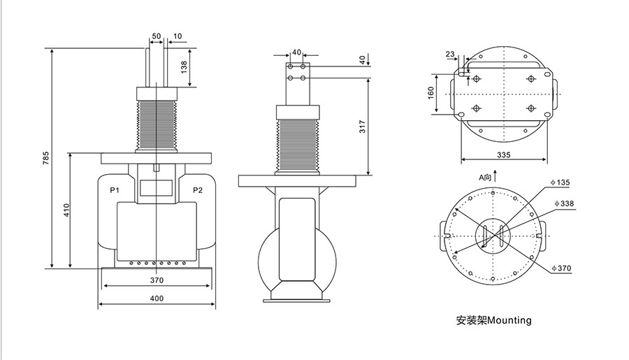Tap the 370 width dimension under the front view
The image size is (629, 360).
pyautogui.click(x=157, y=280)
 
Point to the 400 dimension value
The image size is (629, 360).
pyautogui.click(x=157, y=298)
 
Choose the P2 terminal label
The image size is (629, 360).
pyautogui.click(x=198, y=189)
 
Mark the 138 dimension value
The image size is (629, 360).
pyautogui.click(x=185, y=68)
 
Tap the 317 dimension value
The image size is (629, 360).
pyautogui.click(x=362, y=126)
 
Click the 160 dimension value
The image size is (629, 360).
pyautogui.click(x=431, y=93)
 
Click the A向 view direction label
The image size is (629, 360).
pyautogui.click(x=485, y=178)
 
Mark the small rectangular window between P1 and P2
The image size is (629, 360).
pyautogui.click(x=157, y=187)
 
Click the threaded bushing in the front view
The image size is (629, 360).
pyautogui.click(x=157, y=124)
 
